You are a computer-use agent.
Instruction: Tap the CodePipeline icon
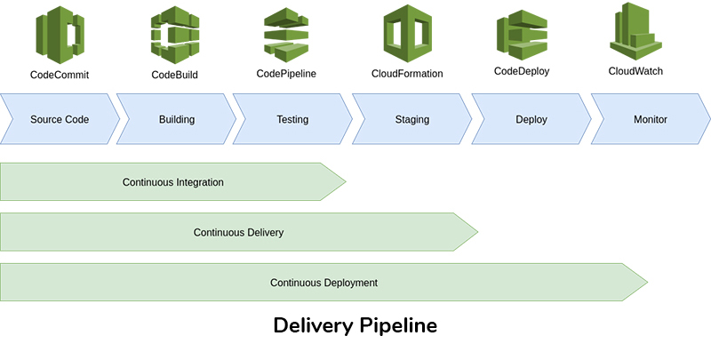point(286,32)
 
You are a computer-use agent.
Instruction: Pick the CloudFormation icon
point(407,32)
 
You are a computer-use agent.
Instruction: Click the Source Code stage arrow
point(59,119)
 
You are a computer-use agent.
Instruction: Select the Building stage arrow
point(176,119)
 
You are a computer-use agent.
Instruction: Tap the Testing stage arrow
point(292,119)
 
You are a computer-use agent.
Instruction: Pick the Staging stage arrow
point(411,119)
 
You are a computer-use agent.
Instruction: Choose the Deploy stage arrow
point(531,119)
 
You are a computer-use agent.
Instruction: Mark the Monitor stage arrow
point(650,119)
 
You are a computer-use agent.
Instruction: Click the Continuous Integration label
point(172,182)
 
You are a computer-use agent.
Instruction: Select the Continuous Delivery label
point(238,233)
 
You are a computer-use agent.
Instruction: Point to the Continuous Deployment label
point(324,283)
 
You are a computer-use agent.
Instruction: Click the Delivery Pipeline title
point(355,325)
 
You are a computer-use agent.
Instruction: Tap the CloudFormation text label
point(407,74)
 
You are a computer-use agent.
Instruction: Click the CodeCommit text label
point(60,75)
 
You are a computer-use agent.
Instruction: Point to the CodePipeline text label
point(286,74)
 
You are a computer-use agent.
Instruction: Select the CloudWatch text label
point(635,71)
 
